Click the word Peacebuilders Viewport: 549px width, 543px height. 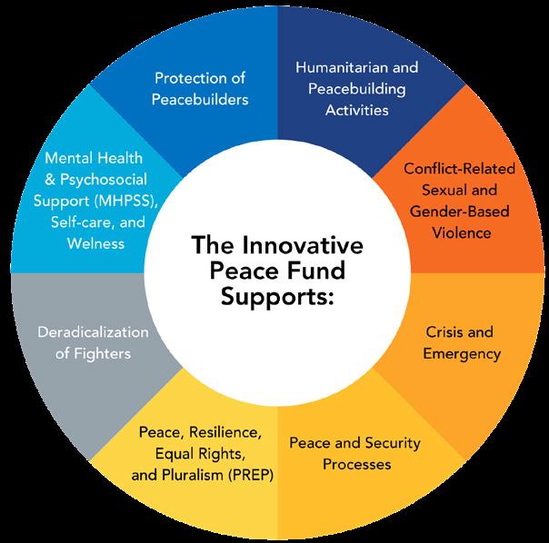[199, 98]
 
